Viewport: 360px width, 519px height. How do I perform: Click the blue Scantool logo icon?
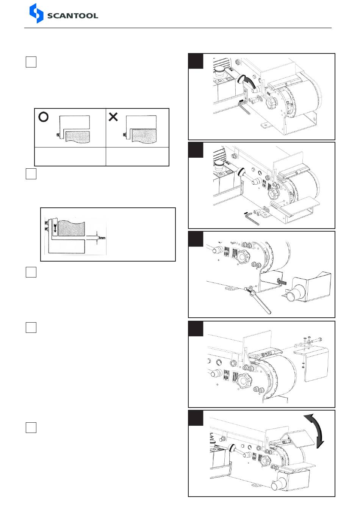coord(36,13)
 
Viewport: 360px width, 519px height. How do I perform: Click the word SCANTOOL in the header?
coord(72,16)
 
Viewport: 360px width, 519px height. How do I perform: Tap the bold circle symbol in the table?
coord(44,117)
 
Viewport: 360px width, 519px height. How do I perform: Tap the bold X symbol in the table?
coord(113,117)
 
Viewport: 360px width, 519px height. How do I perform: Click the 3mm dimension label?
coord(102,238)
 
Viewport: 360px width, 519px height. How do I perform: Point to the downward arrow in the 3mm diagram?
coord(55,228)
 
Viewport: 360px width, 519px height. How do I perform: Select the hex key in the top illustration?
coord(244,107)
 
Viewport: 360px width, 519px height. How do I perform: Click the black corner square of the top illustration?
coord(196,61)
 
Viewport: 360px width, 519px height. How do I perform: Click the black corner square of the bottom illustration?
coord(196,418)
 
